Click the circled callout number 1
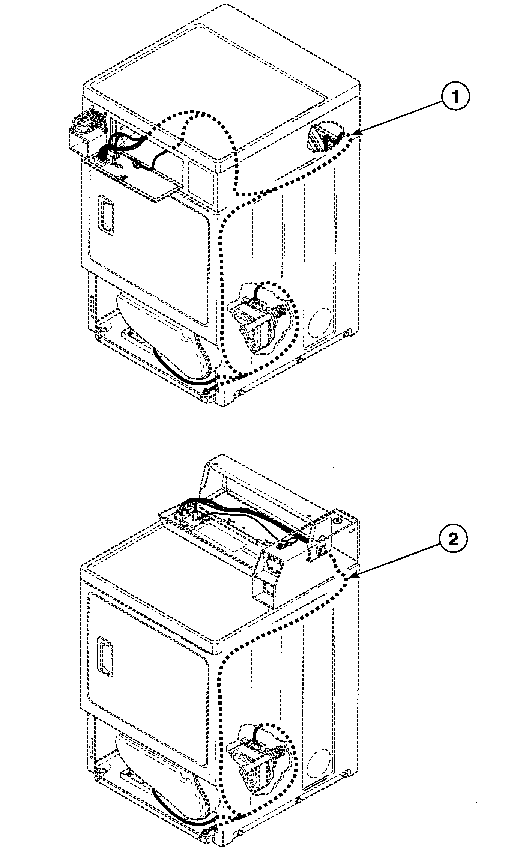click(455, 97)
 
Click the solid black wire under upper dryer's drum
click(176, 372)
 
